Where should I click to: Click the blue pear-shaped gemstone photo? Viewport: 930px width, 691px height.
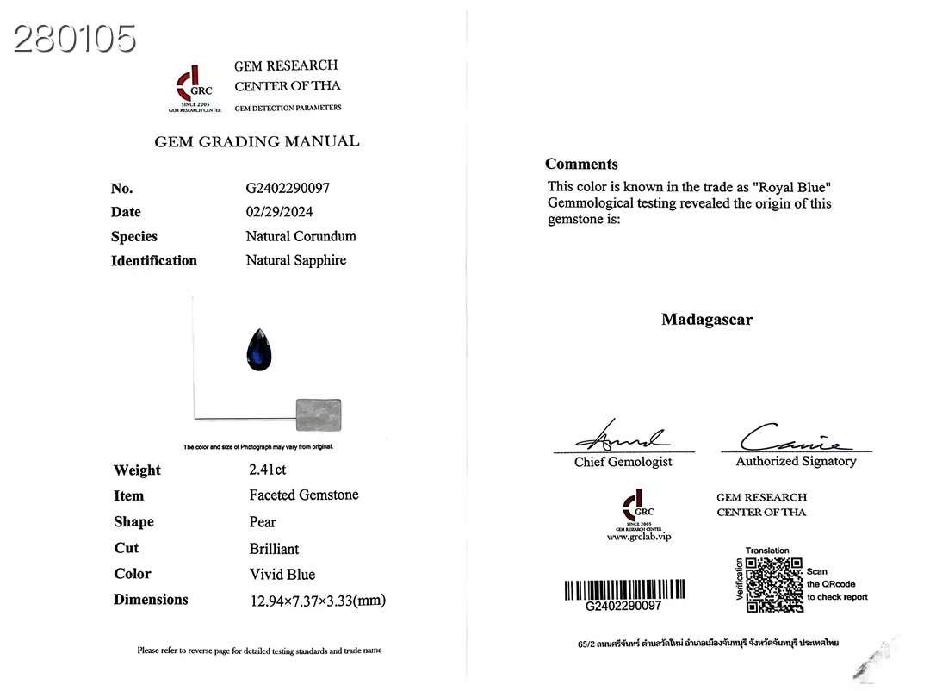259,350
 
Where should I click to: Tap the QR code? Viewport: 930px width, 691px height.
774,585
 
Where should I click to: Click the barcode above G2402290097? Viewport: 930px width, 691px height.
624,590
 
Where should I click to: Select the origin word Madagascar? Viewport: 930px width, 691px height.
707,320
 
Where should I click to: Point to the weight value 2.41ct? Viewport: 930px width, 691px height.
268,470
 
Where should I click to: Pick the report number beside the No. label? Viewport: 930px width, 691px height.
288,188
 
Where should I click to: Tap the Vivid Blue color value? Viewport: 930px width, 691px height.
282,575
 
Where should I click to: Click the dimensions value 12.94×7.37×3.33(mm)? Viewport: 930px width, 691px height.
318,601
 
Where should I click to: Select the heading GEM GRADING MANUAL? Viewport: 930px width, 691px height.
257,142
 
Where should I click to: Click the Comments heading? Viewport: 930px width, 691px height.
581,165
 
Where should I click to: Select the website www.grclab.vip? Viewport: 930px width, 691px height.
638,537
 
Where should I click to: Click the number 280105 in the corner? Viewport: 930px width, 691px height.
75,39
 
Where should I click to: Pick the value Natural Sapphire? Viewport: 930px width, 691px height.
296,260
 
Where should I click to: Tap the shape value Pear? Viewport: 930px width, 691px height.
263,522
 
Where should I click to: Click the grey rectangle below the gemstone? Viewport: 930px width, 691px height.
319,414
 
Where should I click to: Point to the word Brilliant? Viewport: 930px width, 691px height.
275,549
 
